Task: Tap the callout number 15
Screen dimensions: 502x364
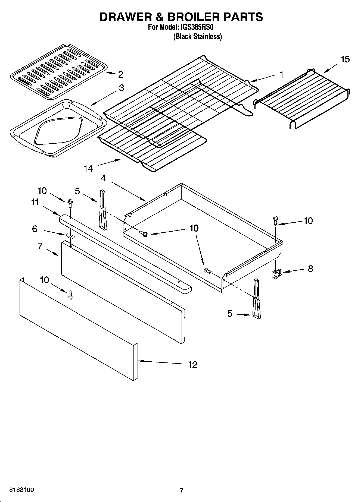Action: click(x=345, y=59)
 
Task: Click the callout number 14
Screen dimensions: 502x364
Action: click(x=88, y=169)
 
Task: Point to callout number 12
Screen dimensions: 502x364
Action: click(x=192, y=365)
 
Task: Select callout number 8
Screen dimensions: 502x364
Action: click(x=310, y=269)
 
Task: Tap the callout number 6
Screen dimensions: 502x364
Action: click(x=35, y=229)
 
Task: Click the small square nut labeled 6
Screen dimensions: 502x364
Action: click(x=70, y=235)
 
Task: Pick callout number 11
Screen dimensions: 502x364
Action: click(x=35, y=202)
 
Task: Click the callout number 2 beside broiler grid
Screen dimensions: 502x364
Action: click(x=120, y=74)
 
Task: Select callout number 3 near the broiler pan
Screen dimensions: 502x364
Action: click(x=121, y=88)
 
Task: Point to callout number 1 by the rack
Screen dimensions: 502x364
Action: click(x=282, y=74)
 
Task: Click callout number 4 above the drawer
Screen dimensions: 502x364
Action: click(x=103, y=178)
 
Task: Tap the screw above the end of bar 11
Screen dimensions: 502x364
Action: click(x=70, y=203)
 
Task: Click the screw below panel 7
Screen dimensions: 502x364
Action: click(x=71, y=295)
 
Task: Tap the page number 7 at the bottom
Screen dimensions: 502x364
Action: click(x=182, y=490)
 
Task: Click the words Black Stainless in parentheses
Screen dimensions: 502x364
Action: click(x=198, y=37)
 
